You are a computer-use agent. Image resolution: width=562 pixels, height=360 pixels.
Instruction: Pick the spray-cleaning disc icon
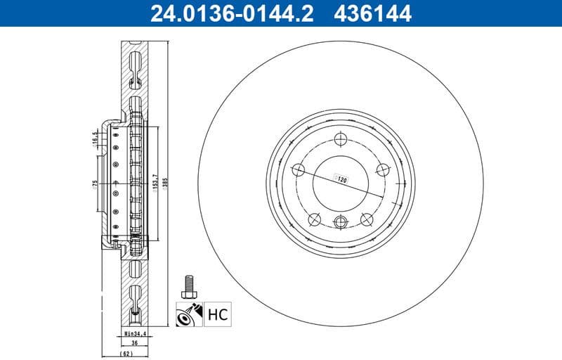[x=188, y=314]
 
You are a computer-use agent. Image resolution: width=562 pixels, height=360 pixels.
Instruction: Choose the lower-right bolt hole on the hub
[x=366, y=219]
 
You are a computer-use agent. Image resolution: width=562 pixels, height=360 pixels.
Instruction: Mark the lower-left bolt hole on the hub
[x=314, y=219]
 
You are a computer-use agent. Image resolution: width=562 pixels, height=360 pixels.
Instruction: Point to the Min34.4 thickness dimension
[x=135, y=333]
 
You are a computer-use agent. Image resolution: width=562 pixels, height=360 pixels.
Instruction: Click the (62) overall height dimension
[x=126, y=354]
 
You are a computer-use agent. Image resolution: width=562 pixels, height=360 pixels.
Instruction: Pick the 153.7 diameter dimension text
[x=154, y=181]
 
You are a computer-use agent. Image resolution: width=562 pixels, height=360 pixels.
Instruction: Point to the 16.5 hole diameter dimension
[x=93, y=138]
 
